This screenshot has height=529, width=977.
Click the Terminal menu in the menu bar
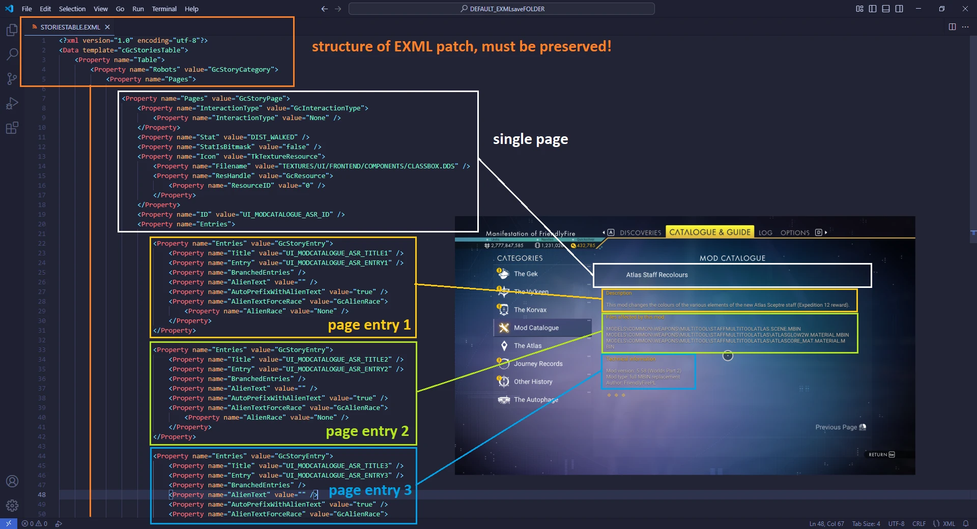(x=164, y=9)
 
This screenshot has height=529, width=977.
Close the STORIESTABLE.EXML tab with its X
(x=107, y=27)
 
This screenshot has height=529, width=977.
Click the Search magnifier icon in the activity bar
(x=12, y=54)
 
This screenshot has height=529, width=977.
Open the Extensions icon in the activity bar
(x=12, y=128)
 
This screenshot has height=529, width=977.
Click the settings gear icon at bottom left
(x=12, y=505)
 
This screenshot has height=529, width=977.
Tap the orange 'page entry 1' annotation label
(x=369, y=325)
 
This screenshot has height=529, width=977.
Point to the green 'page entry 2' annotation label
(x=367, y=431)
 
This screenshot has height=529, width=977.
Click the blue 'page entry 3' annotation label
(x=370, y=490)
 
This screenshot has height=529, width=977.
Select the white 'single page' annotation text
(x=530, y=139)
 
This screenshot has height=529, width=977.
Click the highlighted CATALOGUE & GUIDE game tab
(x=709, y=232)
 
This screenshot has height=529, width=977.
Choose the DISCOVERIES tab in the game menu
(x=640, y=233)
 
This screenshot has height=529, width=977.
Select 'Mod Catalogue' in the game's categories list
(x=536, y=328)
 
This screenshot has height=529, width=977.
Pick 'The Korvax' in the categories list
(x=530, y=310)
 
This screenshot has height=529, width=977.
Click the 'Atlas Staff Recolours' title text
(x=656, y=275)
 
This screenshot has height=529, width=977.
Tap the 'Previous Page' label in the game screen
(x=836, y=427)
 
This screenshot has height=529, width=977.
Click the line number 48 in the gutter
(x=42, y=495)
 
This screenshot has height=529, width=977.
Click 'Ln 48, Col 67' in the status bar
(x=826, y=523)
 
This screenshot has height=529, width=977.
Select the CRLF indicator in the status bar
(x=918, y=523)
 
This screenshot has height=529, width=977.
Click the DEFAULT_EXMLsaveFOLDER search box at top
(x=502, y=9)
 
